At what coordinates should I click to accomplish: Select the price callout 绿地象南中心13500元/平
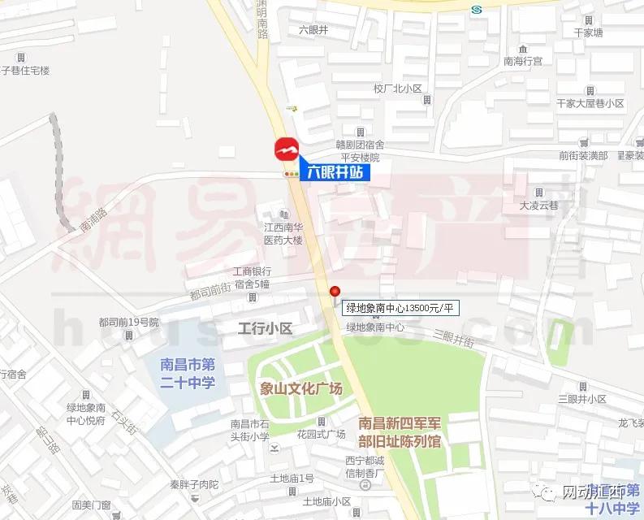pos(402,307)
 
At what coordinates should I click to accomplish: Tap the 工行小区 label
pos(264,327)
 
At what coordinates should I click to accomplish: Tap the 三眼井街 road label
pos(452,336)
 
